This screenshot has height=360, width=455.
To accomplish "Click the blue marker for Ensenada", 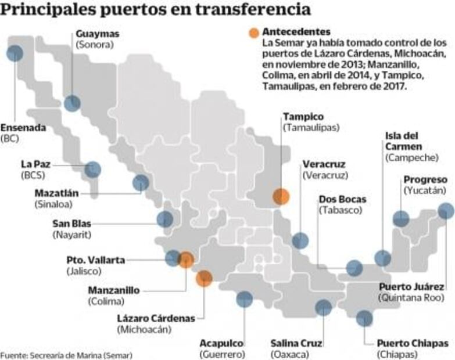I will click(15, 53).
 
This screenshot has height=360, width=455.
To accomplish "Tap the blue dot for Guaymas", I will click(72, 103).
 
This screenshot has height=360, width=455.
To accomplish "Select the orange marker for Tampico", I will click(281, 196).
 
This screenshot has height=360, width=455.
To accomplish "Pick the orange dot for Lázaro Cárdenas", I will click(204, 279).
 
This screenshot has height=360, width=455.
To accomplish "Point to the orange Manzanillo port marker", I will click(186, 260).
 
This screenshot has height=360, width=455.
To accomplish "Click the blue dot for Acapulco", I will click(244, 299).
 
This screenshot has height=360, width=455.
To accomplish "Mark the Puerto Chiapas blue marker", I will click(364, 318).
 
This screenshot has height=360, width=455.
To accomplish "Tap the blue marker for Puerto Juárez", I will click(446, 211).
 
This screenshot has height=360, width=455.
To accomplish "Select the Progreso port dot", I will click(401, 219).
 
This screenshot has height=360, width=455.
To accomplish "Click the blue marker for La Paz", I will click(92, 170).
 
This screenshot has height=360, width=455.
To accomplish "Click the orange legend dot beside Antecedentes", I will click(253, 33).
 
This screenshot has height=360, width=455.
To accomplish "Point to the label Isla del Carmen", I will click(403, 141).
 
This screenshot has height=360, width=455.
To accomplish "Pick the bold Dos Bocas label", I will click(343, 199).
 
